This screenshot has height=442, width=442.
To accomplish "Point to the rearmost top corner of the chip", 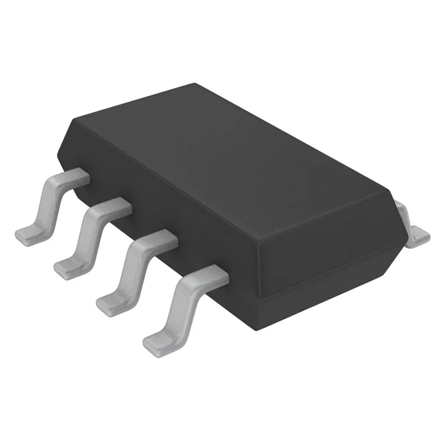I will coord(195,84).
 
